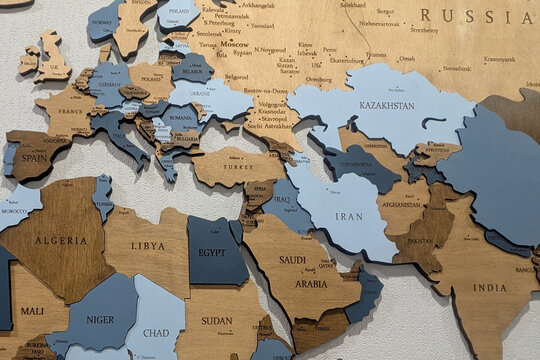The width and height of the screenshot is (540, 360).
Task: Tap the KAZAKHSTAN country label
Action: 386,105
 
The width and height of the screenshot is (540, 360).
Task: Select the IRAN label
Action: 348,216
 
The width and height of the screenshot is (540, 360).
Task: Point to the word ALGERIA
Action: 60,241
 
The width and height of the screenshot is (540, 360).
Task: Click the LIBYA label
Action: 148,246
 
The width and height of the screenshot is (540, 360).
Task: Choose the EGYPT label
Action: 212,253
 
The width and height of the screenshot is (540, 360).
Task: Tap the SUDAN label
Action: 216,321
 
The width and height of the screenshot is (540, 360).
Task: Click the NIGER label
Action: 100,320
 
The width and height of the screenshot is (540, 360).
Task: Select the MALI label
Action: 31,311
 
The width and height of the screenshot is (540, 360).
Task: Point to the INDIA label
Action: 489,288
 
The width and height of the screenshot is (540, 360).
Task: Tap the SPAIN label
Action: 34,158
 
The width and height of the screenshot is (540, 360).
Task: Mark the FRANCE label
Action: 70,112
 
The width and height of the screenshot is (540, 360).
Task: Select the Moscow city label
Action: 235,45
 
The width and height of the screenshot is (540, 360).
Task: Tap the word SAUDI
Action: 292,260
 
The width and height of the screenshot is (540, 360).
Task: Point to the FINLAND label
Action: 179,13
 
